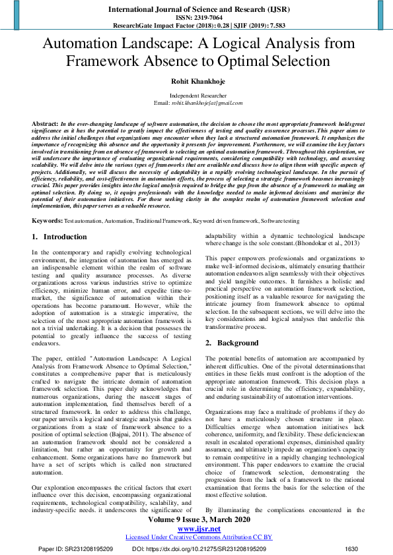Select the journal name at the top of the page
pyautogui.click(x=196, y=9)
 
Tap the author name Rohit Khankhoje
pyautogui.click(x=196, y=82)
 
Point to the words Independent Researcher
pyautogui.click(x=196, y=96)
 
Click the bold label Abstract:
pyautogui.click(x=45, y=124)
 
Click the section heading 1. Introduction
pyautogui.click(x=59, y=236)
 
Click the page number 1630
pyautogui.click(x=351, y=548)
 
